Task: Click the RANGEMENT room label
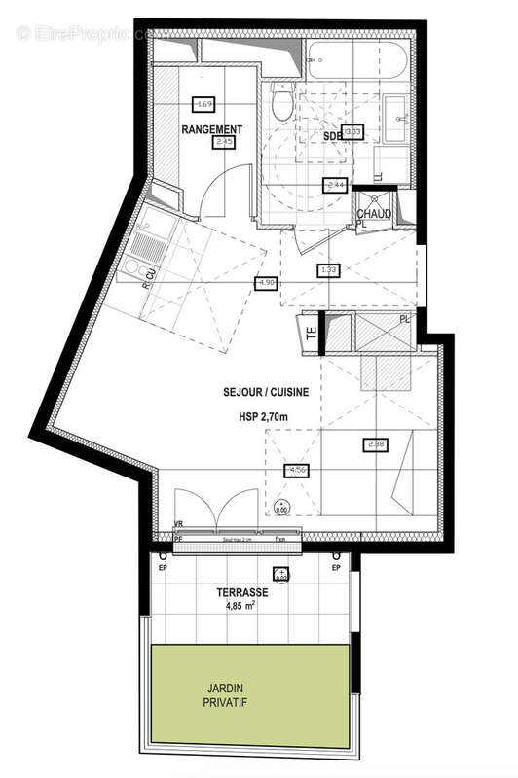tap(211, 128)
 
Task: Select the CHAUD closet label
tap(374, 214)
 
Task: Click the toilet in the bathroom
tap(281, 102)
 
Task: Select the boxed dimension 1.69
tap(203, 104)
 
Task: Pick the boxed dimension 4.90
tap(265, 283)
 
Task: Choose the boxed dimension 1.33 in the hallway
tap(328, 270)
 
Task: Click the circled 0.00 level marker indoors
tap(281, 505)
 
